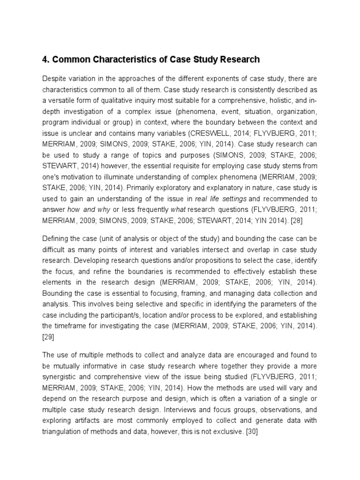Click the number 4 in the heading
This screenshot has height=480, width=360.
pos(45,60)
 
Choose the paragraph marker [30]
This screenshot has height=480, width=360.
pos(252,432)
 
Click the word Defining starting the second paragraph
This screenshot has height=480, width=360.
pos(55,237)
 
